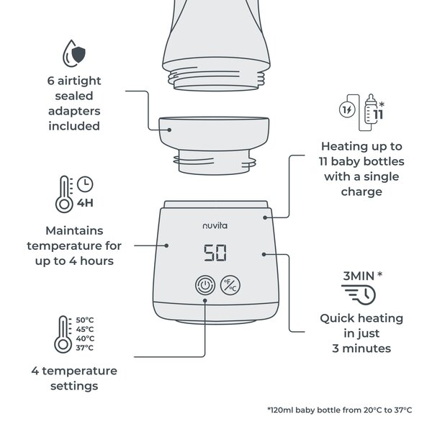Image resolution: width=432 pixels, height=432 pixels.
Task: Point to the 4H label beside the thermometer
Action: point(85,203)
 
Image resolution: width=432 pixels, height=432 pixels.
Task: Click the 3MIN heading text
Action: point(358,275)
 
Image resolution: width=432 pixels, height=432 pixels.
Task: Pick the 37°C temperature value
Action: point(85,348)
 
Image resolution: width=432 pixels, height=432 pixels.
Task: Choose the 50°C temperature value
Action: point(85,320)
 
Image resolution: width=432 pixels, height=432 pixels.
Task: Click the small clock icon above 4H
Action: point(86,184)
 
